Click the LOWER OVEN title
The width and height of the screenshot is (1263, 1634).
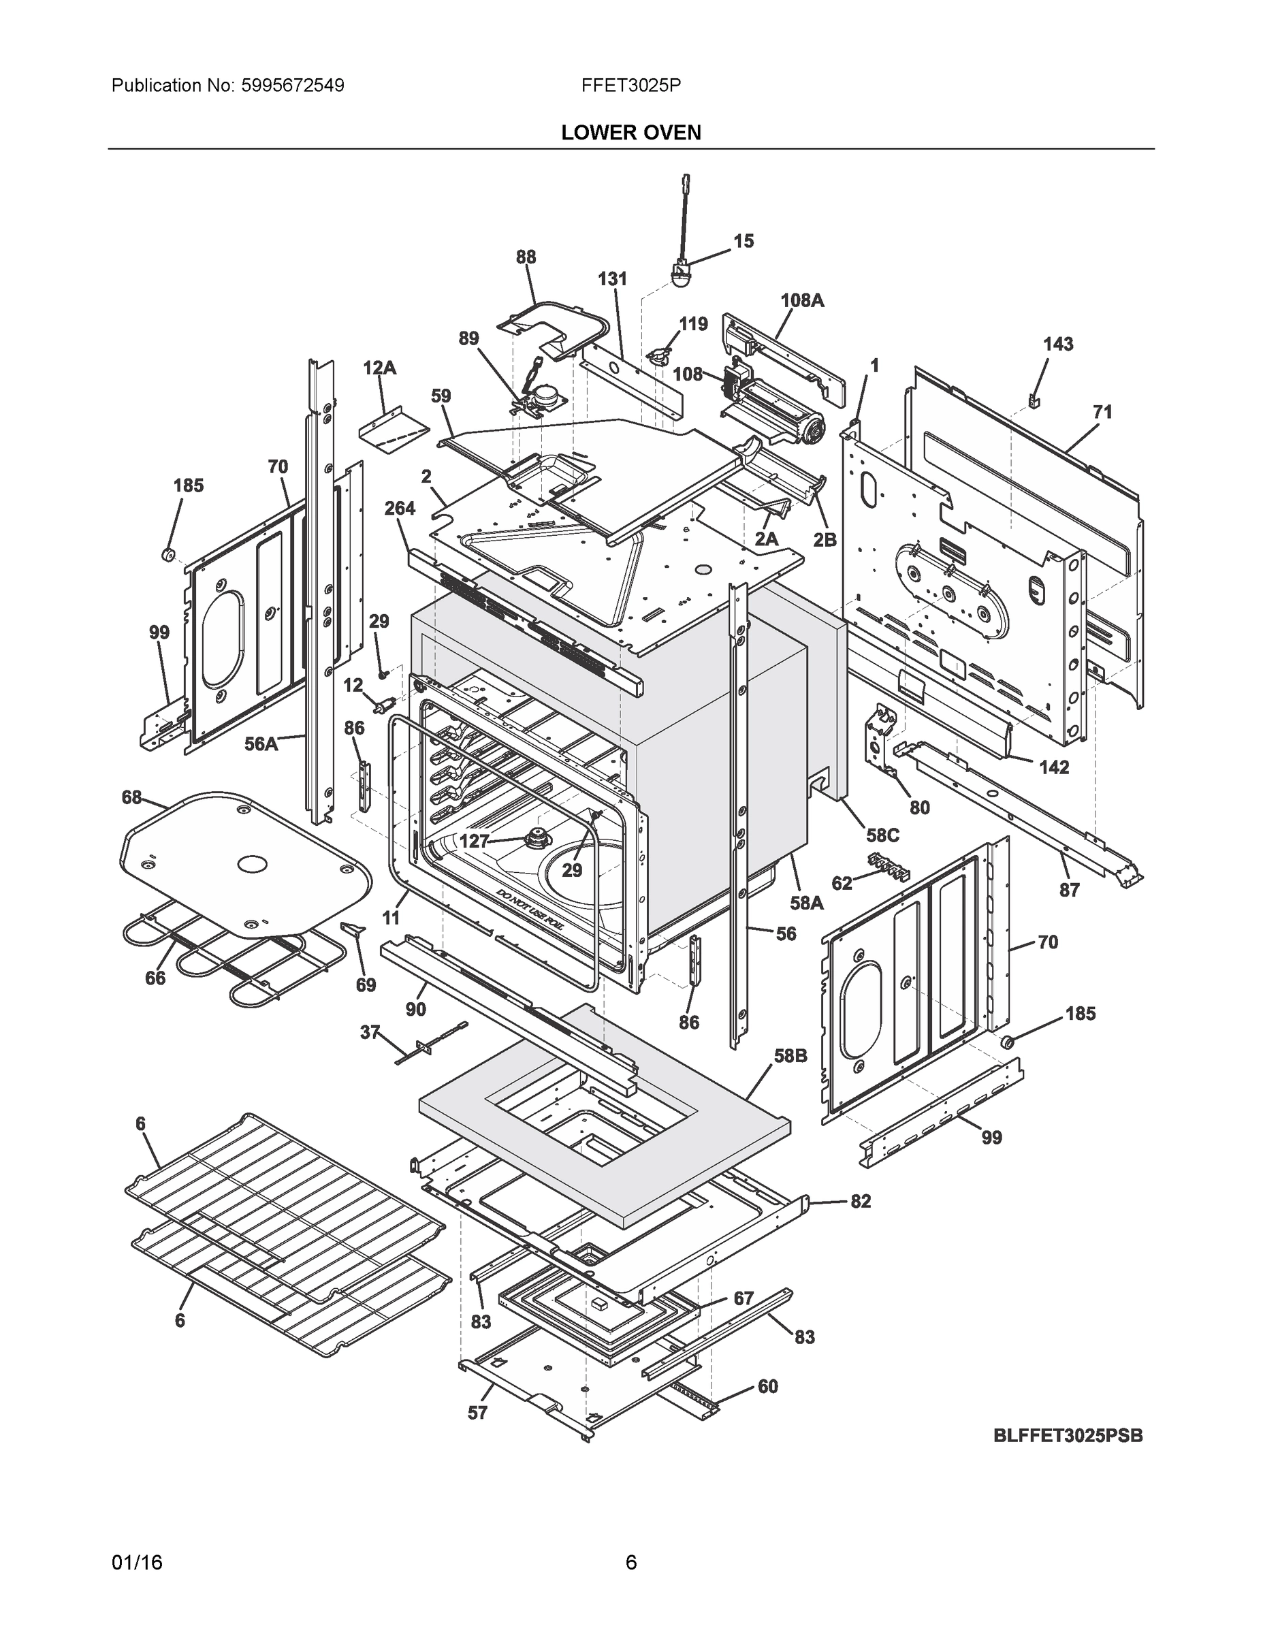pyautogui.click(x=630, y=133)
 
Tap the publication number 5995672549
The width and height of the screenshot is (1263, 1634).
pyautogui.click(x=293, y=85)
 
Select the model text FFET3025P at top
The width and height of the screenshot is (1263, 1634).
pyautogui.click(x=630, y=85)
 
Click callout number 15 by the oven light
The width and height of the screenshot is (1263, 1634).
pyautogui.click(x=743, y=241)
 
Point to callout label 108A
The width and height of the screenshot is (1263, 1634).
pyautogui.click(x=802, y=300)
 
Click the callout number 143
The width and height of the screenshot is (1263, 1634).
pyautogui.click(x=1058, y=344)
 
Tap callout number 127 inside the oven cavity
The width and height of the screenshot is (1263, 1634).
pyautogui.click(x=474, y=841)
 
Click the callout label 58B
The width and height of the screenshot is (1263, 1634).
pyautogui.click(x=790, y=1057)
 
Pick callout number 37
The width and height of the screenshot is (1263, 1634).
pyautogui.click(x=370, y=1032)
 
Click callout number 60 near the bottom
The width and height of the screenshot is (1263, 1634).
pyautogui.click(x=768, y=1386)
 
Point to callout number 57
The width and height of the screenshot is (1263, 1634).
pyautogui.click(x=477, y=1413)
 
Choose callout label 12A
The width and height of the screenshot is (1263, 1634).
pyautogui.click(x=379, y=368)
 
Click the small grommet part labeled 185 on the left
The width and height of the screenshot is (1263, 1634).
pyautogui.click(x=168, y=554)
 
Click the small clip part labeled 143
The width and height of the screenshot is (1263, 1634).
pyautogui.click(x=1036, y=402)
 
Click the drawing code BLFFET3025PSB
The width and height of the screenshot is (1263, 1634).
pyautogui.click(x=1068, y=1436)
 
